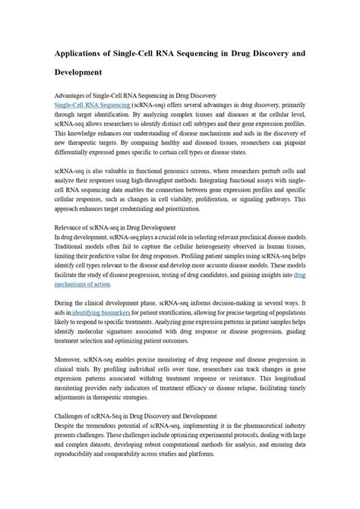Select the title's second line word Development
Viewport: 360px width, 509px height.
point(78,73)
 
